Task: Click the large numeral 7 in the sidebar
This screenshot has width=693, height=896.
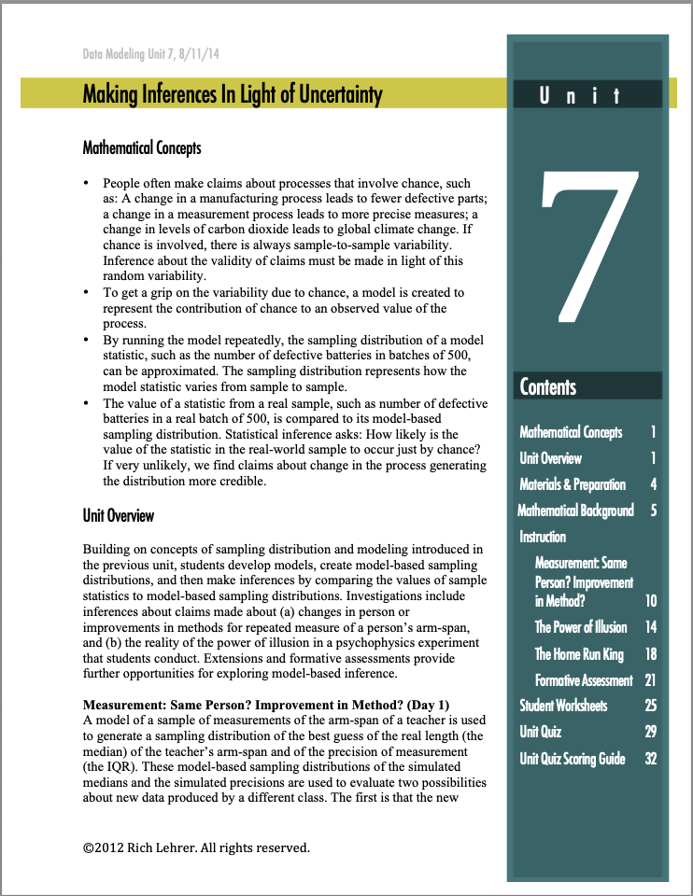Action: tap(588, 246)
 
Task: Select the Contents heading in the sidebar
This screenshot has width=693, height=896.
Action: tap(548, 386)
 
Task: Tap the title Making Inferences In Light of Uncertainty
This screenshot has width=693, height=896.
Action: tap(233, 94)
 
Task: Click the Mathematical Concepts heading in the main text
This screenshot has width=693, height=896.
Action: tap(142, 147)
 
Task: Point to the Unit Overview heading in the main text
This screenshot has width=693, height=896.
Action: tap(119, 515)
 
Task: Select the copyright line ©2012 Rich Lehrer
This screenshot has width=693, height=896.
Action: tap(195, 847)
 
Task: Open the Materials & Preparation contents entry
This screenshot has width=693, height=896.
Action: tap(573, 484)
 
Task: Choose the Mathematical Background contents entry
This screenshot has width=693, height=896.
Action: tap(575, 511)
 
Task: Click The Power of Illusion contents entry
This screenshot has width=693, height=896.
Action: tap(581, 627)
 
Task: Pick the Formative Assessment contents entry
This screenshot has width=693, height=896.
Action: tap(584, 680)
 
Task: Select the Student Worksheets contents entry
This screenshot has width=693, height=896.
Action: tap(563, 706)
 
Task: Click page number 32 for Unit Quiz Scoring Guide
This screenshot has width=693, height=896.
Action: tap(651, 759)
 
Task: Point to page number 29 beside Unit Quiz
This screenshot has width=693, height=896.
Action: tap(651, 733)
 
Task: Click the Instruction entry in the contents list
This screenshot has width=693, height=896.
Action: tap(543, 537)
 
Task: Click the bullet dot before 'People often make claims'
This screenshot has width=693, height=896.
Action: tap(87, 184)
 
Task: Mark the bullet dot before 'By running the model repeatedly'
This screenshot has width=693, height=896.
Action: tap(87, 341)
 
